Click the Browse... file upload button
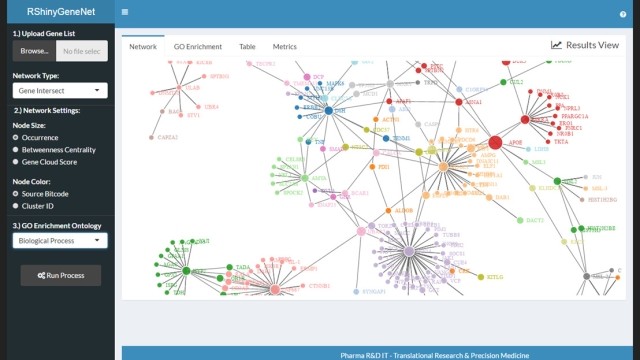click(33, 50)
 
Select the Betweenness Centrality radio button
click(16, 149)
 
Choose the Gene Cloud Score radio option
click(16, 161)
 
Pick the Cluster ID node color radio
click(16, 204)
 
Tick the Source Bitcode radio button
click(16, 192)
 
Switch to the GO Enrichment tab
click(198, 46)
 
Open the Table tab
click(247, 46)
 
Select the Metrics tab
click(284, 46)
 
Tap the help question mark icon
click(622, 14)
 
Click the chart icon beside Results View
click(556, 45)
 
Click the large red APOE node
click(495, 143)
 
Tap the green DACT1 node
click(521, 220)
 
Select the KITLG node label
click(495, 276)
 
